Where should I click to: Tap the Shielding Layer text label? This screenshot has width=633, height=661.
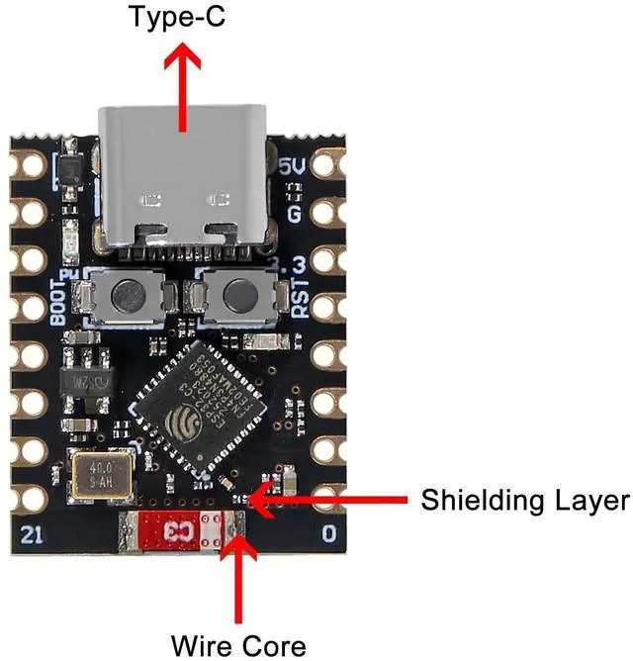(524, 500)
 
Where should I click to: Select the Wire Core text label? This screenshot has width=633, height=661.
(238, 645)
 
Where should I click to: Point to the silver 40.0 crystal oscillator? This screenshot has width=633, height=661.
(99, 474)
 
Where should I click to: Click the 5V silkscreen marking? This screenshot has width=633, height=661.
(293, 168)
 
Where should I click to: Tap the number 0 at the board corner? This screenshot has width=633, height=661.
(328, 534)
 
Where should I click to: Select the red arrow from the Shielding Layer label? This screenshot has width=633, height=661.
(326, 500)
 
